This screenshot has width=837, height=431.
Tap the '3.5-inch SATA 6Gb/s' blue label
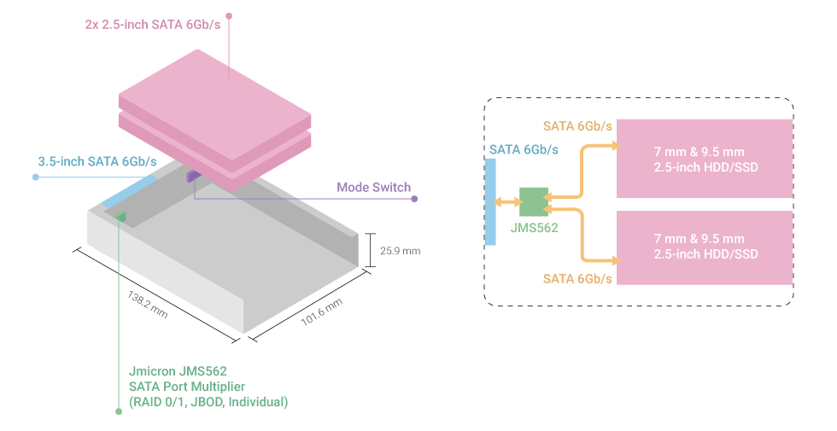tap(97, 161)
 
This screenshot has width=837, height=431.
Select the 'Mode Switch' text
tap(373, 187)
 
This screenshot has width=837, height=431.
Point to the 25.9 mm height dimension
tap(400, 251)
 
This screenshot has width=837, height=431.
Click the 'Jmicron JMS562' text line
tap(177, 371)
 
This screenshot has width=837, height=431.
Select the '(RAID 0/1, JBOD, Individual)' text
tap(208, 401)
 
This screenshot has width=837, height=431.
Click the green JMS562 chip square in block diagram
tap(533, 201)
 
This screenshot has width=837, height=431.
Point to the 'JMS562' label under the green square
tap(534, 228)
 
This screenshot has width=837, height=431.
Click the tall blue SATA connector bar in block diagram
tap(490, 202)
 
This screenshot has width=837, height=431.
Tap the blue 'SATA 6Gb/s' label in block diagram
tap(524, 149)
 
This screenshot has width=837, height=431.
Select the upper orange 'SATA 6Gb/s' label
tap(577, 126)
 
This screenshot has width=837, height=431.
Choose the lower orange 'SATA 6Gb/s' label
tap(577, 279)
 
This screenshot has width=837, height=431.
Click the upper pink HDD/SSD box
tap(705, 158)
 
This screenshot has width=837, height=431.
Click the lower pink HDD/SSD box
tap(705, 247)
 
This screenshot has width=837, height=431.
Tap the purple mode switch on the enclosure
tap(193, 176)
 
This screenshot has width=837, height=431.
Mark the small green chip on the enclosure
tap(120, 217)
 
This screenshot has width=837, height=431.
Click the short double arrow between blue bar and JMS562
tap(507, 202)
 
